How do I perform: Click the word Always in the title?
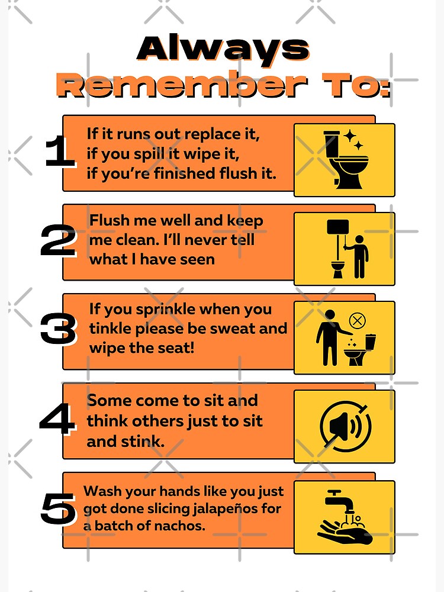pos(223,49)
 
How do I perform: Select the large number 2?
pos(58,242)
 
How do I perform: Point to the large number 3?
pos(58,330)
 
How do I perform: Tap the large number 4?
pos(57,420)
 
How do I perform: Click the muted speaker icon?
pos(345,426)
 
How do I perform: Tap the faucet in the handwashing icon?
pos(339,500)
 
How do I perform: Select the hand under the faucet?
pos(344,532)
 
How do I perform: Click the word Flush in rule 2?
pos(109,221)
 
